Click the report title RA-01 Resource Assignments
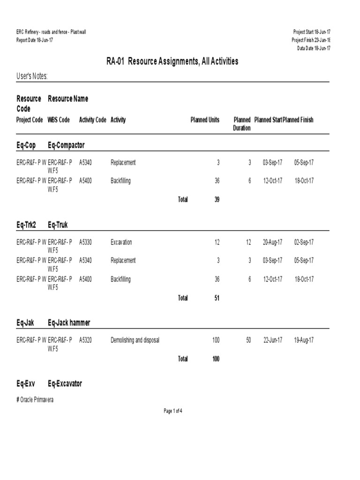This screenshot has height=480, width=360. [x=172, y=61]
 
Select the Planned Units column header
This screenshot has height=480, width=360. [x=205, y=120]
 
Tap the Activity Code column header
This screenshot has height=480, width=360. [x=92, y=120]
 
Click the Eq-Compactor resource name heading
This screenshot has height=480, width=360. [x=66, y=145]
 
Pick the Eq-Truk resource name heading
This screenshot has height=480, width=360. [x=58, y=225]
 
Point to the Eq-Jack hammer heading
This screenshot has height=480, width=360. [x=69, y=322]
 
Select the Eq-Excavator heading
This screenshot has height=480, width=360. [x=65, y=383]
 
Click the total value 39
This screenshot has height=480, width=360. [x=217, y=199]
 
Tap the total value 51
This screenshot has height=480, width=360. [x=217, y=298]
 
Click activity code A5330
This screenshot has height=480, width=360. [x=85, y=242]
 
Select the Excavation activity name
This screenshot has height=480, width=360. [x=121, y=242]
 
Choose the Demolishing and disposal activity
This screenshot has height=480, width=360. [x=135, y=340]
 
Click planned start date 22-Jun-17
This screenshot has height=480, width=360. [x=272, y=340]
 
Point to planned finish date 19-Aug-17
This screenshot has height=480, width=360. [x=304, y=340]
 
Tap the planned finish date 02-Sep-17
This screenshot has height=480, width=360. [x=304, y=242]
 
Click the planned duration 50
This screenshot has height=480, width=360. [x=248, y=340]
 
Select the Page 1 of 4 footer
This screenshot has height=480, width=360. [x=172, y=411]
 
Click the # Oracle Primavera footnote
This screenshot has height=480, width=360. [x=35, y=400]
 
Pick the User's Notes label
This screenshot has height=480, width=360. [x=32, y=76]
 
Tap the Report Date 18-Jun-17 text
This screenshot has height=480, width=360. [x=35, y=40]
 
